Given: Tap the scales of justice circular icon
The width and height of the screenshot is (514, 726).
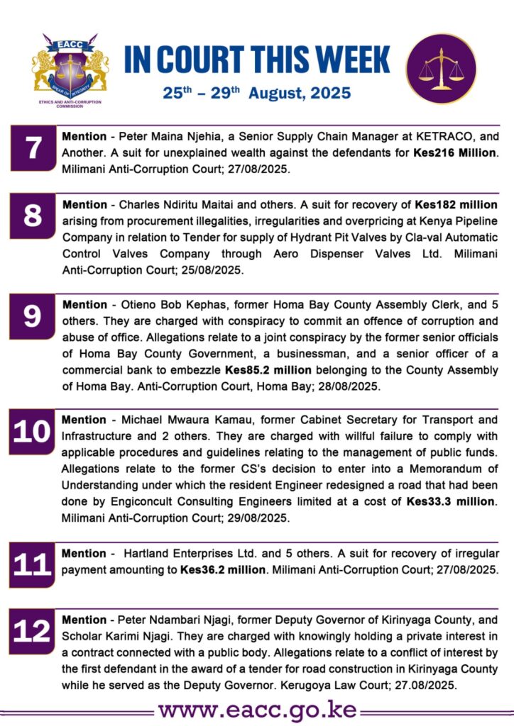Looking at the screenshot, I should pyautogui.click(x=441, y=69).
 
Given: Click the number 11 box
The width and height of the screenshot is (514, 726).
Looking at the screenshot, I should pyautogui.click(x=33, y=565).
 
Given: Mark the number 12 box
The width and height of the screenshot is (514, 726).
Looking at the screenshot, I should pyautogui.click(x=33, y=630).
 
